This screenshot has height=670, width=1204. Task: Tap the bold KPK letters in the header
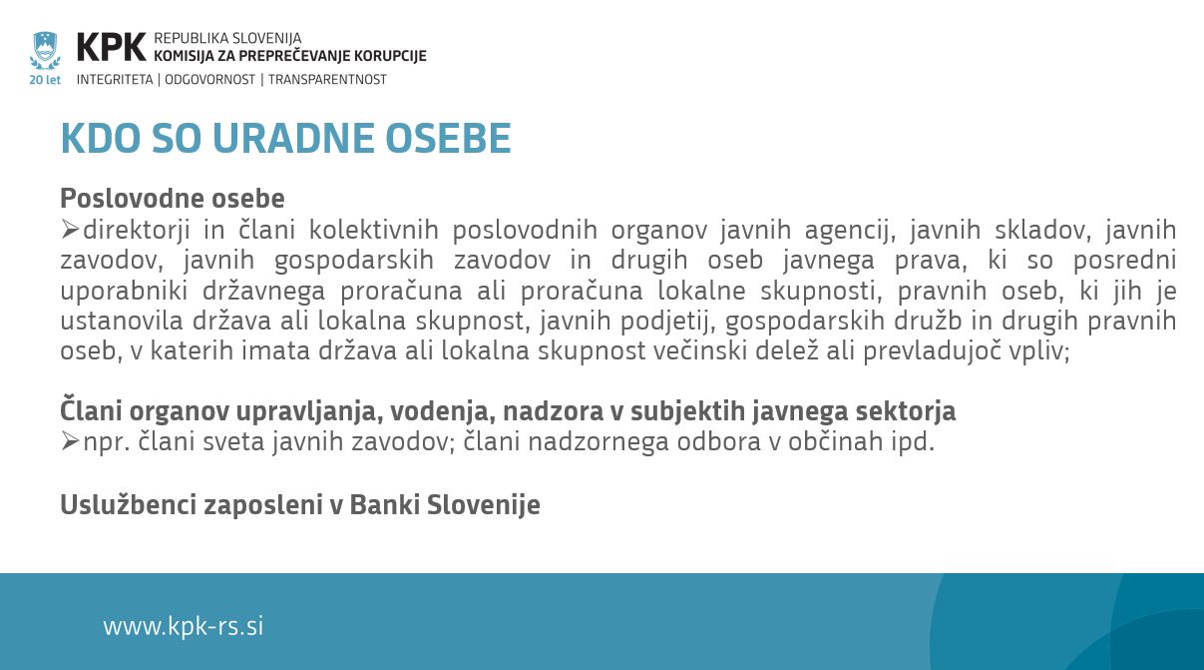tap(111, 47)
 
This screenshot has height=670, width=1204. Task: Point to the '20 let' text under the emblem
tap(45, 80)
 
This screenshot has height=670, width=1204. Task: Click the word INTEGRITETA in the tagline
tap(115, 80)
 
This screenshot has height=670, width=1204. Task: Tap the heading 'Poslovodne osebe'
tap(173, 198)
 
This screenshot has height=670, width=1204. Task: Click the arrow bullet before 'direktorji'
tap(70, 230)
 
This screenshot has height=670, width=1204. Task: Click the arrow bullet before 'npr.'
tap(70, 441)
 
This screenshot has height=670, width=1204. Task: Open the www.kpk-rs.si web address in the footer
tap(184, 626)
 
